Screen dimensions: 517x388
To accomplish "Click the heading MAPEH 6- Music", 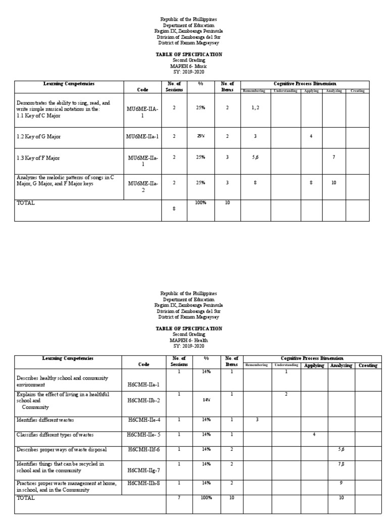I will (188, 66).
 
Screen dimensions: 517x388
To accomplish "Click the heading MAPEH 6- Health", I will (188, 340).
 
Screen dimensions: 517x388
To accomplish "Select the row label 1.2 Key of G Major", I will (40, 136).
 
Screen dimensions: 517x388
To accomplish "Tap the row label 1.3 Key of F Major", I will (38, 158).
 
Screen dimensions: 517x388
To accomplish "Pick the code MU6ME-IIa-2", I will (143, 187).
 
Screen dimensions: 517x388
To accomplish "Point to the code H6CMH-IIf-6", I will (143, 449).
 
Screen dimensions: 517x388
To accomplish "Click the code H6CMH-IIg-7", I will (143, 470).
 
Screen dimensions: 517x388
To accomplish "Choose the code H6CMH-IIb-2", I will (143, 400).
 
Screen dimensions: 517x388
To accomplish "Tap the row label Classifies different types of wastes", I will (55, 435).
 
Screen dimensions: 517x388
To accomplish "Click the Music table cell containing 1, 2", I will (255, 108).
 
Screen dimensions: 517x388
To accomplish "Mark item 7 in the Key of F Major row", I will (333, 158).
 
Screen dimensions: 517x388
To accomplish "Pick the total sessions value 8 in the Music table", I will (174, 209).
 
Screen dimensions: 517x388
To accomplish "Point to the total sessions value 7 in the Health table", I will (179, 498).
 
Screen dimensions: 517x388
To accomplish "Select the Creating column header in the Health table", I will (368, 365).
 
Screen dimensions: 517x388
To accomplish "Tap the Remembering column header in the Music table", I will (255, 91).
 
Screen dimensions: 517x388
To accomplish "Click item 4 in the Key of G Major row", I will (311, 136).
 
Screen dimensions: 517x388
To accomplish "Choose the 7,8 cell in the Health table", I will (341, 463).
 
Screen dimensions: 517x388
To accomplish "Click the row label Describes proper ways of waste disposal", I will (62, 449).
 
